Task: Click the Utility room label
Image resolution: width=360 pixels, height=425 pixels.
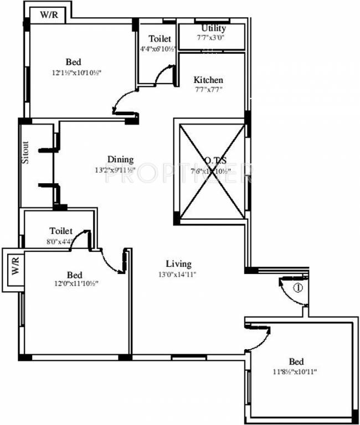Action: (213, 28)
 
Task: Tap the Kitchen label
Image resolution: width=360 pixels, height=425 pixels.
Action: (208, 80)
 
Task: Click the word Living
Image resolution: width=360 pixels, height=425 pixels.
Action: (178, 264)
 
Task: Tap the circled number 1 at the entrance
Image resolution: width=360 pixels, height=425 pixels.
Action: (297, 288)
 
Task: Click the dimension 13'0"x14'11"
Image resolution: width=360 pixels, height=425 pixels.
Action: (178, 273)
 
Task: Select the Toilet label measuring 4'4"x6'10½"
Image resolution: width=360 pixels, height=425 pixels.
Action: (160, 39)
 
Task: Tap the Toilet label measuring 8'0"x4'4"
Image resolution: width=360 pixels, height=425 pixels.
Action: (61, 231)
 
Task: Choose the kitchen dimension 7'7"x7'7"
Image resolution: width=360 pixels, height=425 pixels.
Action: (208, 89)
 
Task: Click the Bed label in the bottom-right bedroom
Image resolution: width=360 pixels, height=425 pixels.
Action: (295, 362)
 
